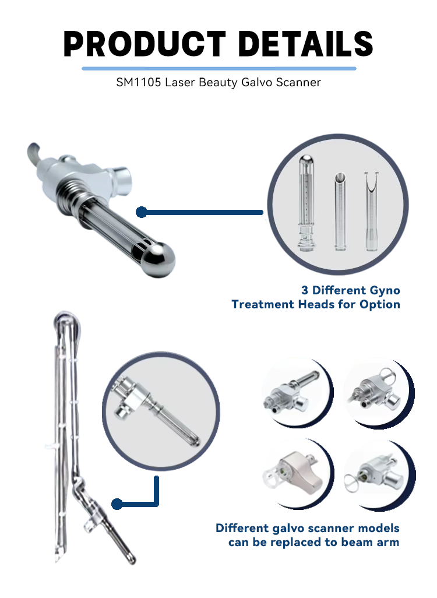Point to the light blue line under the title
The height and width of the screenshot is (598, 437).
[219, 69]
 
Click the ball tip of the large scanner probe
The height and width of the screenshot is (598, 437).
[158, 259]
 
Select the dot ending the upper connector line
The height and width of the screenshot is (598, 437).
[142, 212]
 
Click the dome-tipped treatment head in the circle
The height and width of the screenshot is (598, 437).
[306, 202]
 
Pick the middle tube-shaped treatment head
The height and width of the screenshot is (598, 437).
[340, 212]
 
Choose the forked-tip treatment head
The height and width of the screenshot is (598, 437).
[371, 212]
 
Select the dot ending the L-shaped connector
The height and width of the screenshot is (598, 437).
[117, 504]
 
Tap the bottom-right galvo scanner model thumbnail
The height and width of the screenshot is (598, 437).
[378, 474]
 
